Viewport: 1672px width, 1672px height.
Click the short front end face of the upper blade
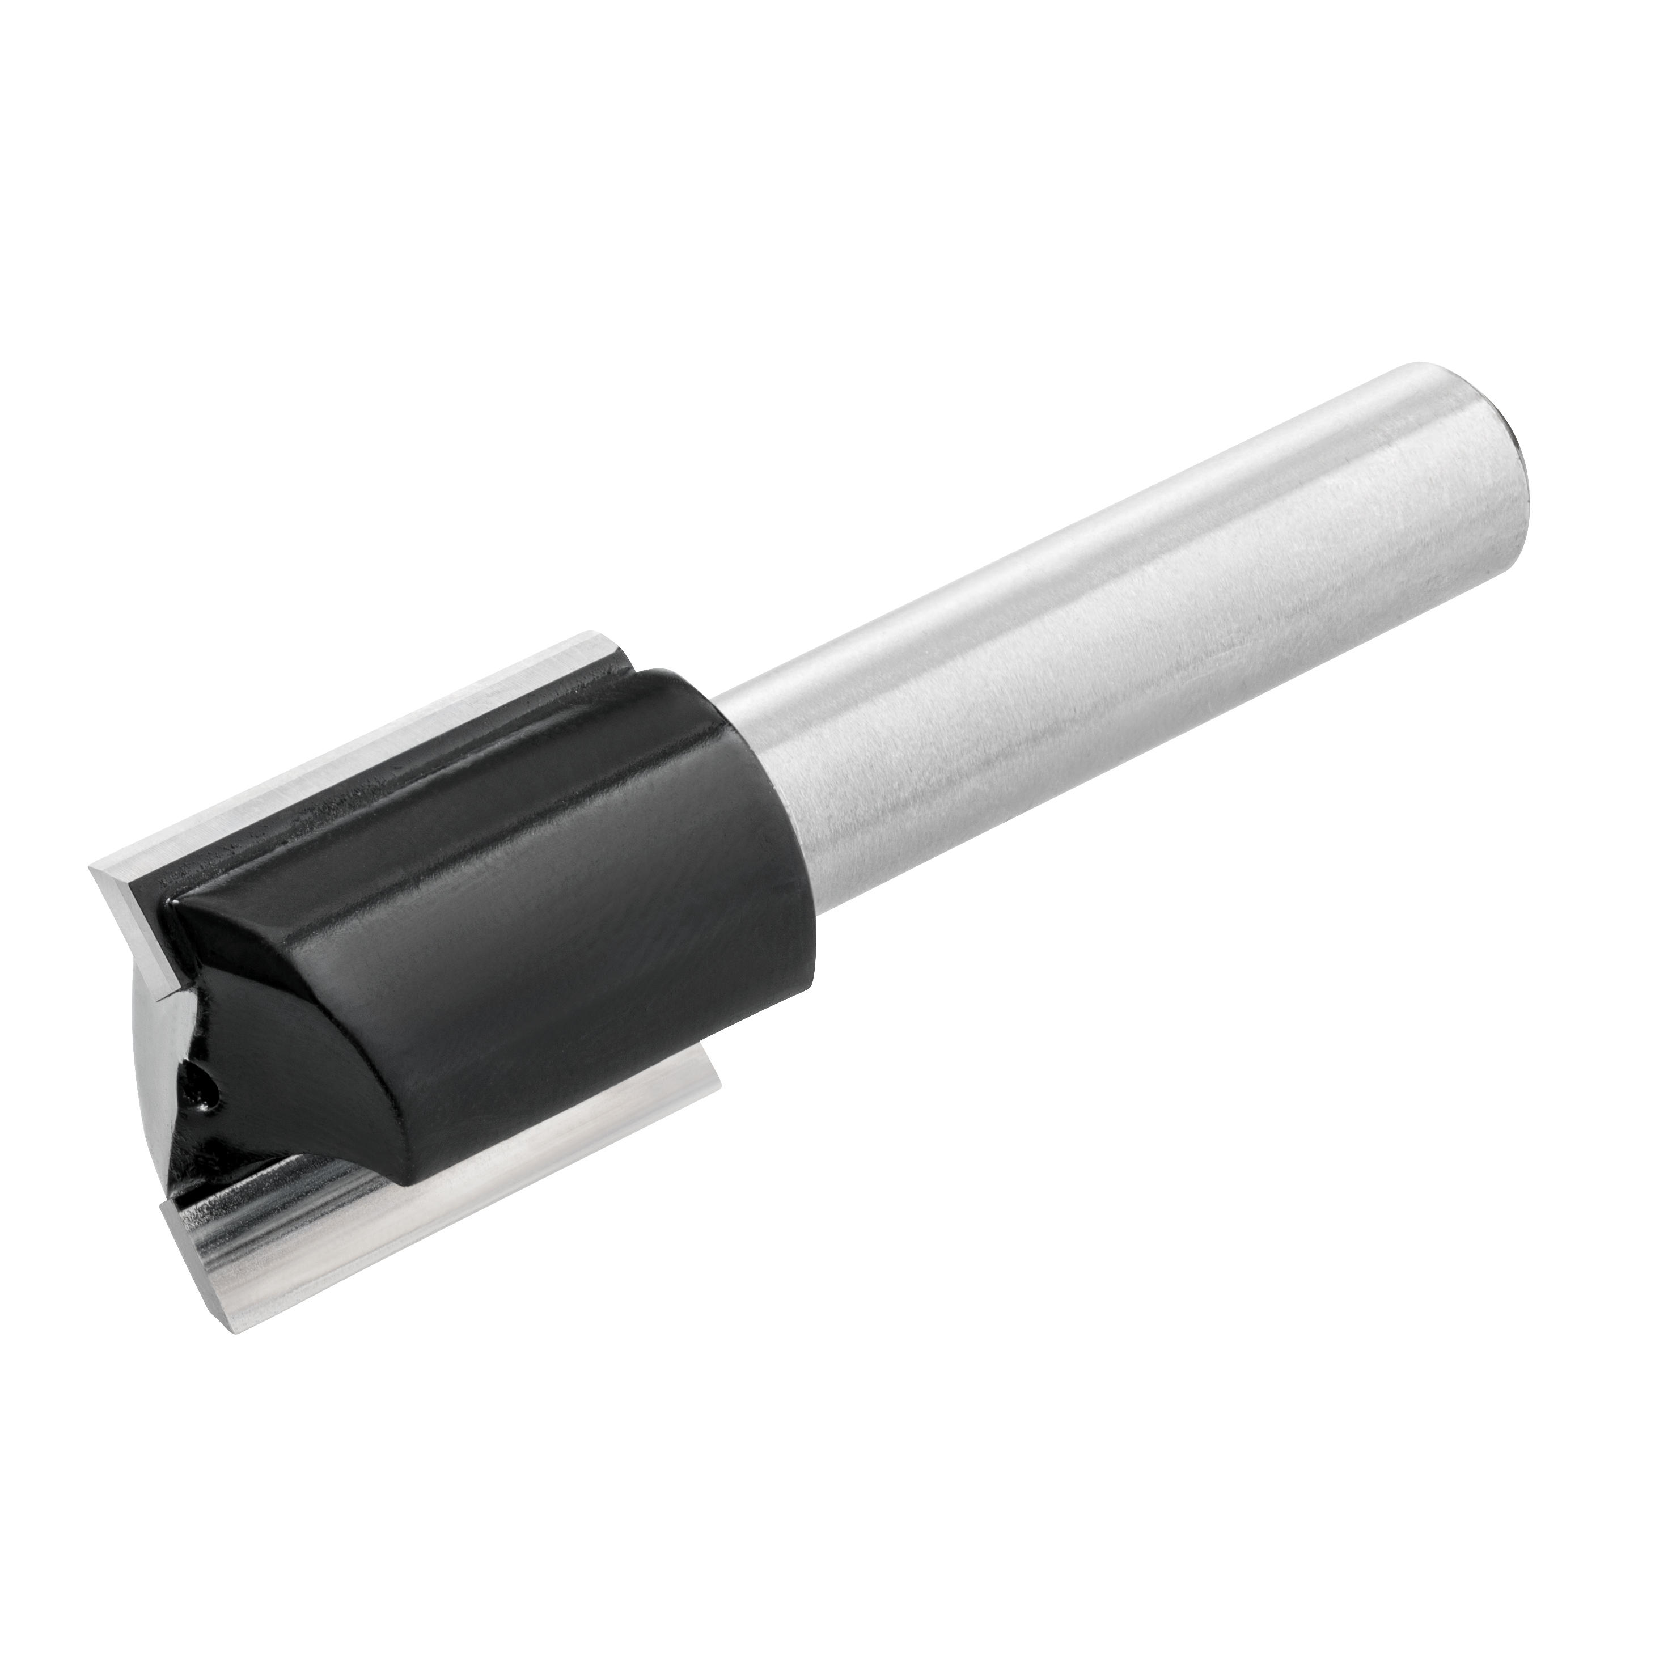[x=130, y=952]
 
